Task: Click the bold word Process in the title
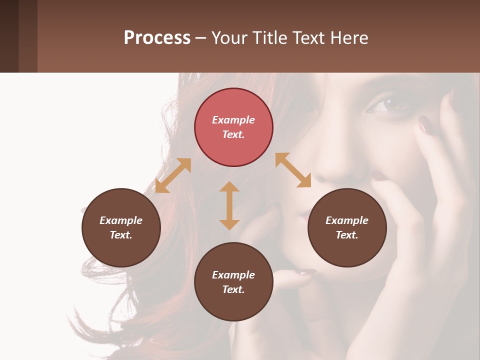[x=157, y=37]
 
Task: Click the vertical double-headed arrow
[x=229, y=205]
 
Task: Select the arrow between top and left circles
[x=173, y=175]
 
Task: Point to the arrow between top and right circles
[x=293, y=170]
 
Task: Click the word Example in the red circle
[x=233, y=120]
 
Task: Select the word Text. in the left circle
[x=121, y=235]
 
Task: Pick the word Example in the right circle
[x=347, y=220]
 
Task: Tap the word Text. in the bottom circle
[x=233, y=289]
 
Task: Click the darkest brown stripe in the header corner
[x=9, y=36]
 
